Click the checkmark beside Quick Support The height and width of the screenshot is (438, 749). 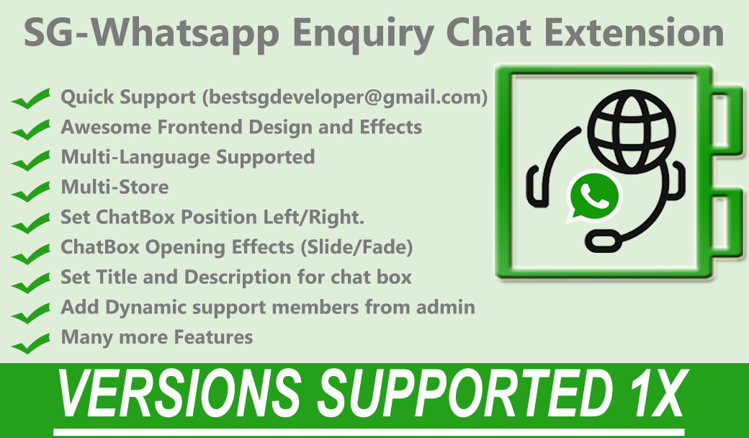coord(30,99)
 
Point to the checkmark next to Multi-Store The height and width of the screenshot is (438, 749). coord(30,191)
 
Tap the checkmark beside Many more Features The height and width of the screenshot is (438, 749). coord(30,343)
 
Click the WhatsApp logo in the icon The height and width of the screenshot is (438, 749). coord(593,197)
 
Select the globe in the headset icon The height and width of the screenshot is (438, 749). coord(632,130)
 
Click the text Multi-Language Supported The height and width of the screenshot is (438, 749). coord(188,157)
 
